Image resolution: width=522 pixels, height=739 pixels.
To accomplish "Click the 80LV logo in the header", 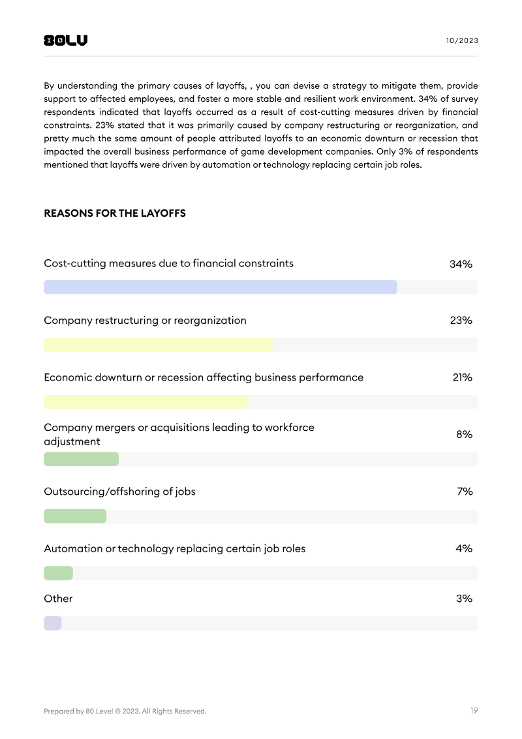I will [65, 40].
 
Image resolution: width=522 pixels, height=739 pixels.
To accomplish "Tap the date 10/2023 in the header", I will [462, 40].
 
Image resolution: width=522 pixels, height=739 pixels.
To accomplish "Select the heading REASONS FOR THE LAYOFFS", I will [115, 213].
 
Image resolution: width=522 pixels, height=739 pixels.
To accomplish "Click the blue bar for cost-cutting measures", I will [220, 287].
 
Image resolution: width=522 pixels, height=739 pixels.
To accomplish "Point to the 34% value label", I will [461, 264].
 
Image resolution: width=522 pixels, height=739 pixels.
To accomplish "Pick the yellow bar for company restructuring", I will [158, 345].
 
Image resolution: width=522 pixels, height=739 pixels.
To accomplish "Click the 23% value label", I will [461, 321].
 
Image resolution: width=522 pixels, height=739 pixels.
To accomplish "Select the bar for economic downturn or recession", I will [146, 402].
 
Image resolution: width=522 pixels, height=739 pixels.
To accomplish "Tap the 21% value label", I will [462, 377].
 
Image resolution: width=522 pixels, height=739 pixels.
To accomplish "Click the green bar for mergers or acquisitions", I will [81, 459].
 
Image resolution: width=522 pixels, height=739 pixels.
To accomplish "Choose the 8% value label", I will [464, 434].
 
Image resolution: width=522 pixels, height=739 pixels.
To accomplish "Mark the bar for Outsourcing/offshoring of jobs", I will [75, 516].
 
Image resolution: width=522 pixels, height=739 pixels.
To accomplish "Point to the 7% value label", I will [465, 492].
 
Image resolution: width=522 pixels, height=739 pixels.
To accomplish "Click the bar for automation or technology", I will [58, 573].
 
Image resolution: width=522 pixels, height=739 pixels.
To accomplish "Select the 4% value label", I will [464, 548].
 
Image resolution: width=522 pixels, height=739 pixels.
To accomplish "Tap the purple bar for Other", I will [52, 623].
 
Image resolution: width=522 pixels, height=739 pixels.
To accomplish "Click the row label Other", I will [58, 599].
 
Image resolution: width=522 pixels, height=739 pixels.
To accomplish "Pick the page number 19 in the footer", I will [474, 710].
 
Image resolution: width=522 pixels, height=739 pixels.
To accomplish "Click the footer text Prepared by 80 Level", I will [125, 711].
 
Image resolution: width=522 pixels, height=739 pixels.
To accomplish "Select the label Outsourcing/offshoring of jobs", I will [119, 492].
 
